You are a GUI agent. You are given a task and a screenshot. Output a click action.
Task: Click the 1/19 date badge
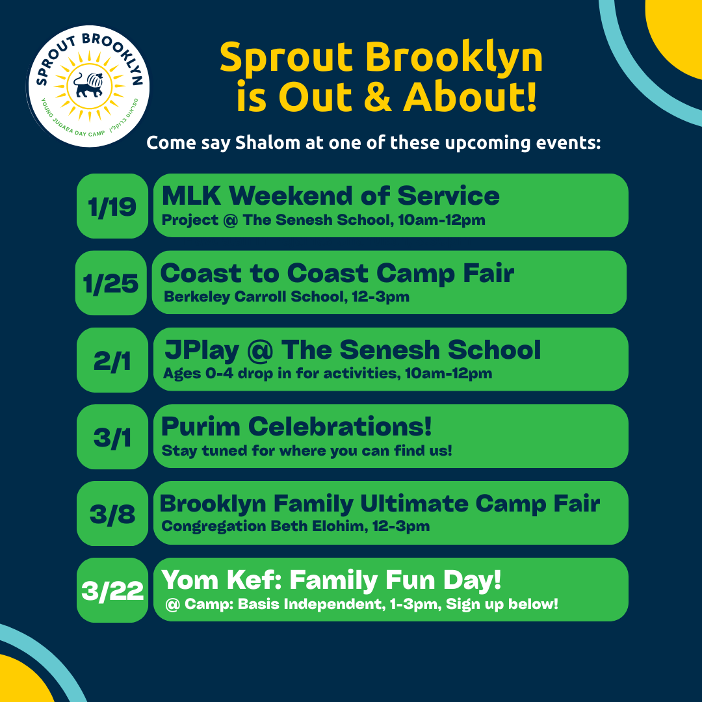tap(112, 206)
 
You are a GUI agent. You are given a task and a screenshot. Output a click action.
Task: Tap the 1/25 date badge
tap(111, 283)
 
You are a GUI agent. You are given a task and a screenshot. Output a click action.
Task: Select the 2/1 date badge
tap(112, 360)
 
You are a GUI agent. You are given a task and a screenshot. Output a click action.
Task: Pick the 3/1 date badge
tap(112, 437)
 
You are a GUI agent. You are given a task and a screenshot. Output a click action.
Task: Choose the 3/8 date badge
tap(112, 513)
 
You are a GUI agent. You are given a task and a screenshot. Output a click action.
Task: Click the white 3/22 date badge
tap(112, 590)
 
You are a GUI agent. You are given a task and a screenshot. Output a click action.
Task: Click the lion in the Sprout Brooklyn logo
tap(88, 85)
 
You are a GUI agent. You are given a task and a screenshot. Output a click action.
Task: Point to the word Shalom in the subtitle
tap(267, 143)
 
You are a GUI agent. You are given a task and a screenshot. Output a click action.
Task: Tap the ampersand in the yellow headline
tap(378, 97)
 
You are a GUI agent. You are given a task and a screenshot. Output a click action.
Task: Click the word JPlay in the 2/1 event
tap(202, 350)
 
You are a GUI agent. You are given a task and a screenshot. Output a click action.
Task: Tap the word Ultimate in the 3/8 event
tap(414, 504)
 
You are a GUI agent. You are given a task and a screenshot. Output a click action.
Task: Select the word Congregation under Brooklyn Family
tap(213, 526)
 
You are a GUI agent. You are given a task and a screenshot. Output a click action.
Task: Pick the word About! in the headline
tap(470, 97)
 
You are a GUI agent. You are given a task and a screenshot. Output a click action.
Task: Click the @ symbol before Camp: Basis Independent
tap(172, 605)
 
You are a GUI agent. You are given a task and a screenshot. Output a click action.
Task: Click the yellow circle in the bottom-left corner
tap(22, 681)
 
